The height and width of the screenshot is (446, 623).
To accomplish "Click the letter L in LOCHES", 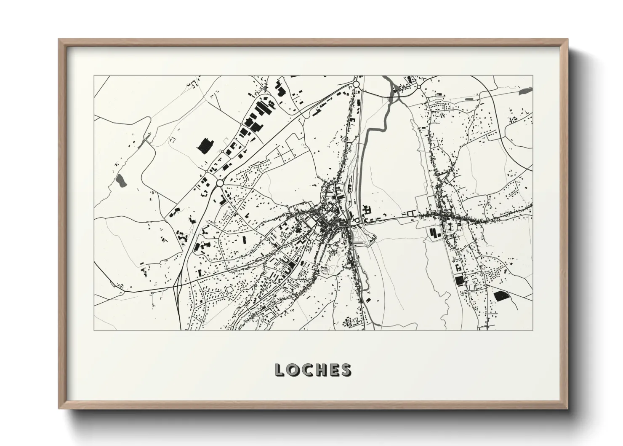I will [x=280, y=370].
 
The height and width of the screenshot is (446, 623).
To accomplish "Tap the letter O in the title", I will [x=294, y=370].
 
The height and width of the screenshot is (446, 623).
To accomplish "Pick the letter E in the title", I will [x=337, y=370].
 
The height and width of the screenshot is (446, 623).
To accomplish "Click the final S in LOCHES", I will [x=346, y=370].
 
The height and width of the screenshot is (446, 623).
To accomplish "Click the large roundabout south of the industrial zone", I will [x=219, y=183].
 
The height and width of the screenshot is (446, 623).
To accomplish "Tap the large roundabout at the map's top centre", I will [x=356, y=84].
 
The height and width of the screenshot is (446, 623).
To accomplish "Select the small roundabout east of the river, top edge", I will [x=419, y=87].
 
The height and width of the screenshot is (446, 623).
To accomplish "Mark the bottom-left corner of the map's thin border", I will [x=94, y=330].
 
